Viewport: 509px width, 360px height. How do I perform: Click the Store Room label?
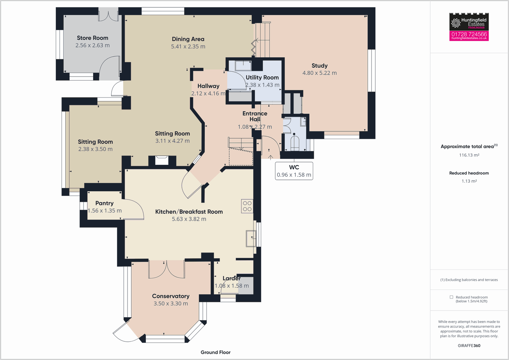click(92, 38)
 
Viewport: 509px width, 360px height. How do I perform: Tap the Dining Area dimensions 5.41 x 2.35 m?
click(188, 47)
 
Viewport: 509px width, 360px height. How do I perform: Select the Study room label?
click(319, 66)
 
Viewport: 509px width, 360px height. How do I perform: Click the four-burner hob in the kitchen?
click(247, 206)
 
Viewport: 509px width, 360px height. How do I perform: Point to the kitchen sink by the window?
click(251, 238)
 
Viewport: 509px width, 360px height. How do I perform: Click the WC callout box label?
click(294, 167)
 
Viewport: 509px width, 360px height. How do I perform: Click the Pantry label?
click(104, 203)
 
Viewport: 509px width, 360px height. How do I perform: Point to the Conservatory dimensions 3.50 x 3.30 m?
click(171, 304)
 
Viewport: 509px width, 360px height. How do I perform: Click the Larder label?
click(232, 278)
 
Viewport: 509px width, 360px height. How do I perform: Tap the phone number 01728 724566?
click(469, 34)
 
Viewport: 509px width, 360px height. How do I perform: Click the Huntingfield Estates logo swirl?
click(456, 23)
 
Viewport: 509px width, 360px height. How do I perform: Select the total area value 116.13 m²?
click(469, 155)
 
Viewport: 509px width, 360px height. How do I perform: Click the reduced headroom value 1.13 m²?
click(469, 181)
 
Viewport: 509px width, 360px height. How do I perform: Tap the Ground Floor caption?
click(215, 352)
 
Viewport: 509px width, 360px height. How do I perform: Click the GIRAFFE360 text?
click(469, 346)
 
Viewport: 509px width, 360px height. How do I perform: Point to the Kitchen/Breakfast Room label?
click(189, 212)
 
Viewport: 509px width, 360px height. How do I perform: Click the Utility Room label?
click(262, 77)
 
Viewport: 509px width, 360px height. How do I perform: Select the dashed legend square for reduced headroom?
click(451, 297)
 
